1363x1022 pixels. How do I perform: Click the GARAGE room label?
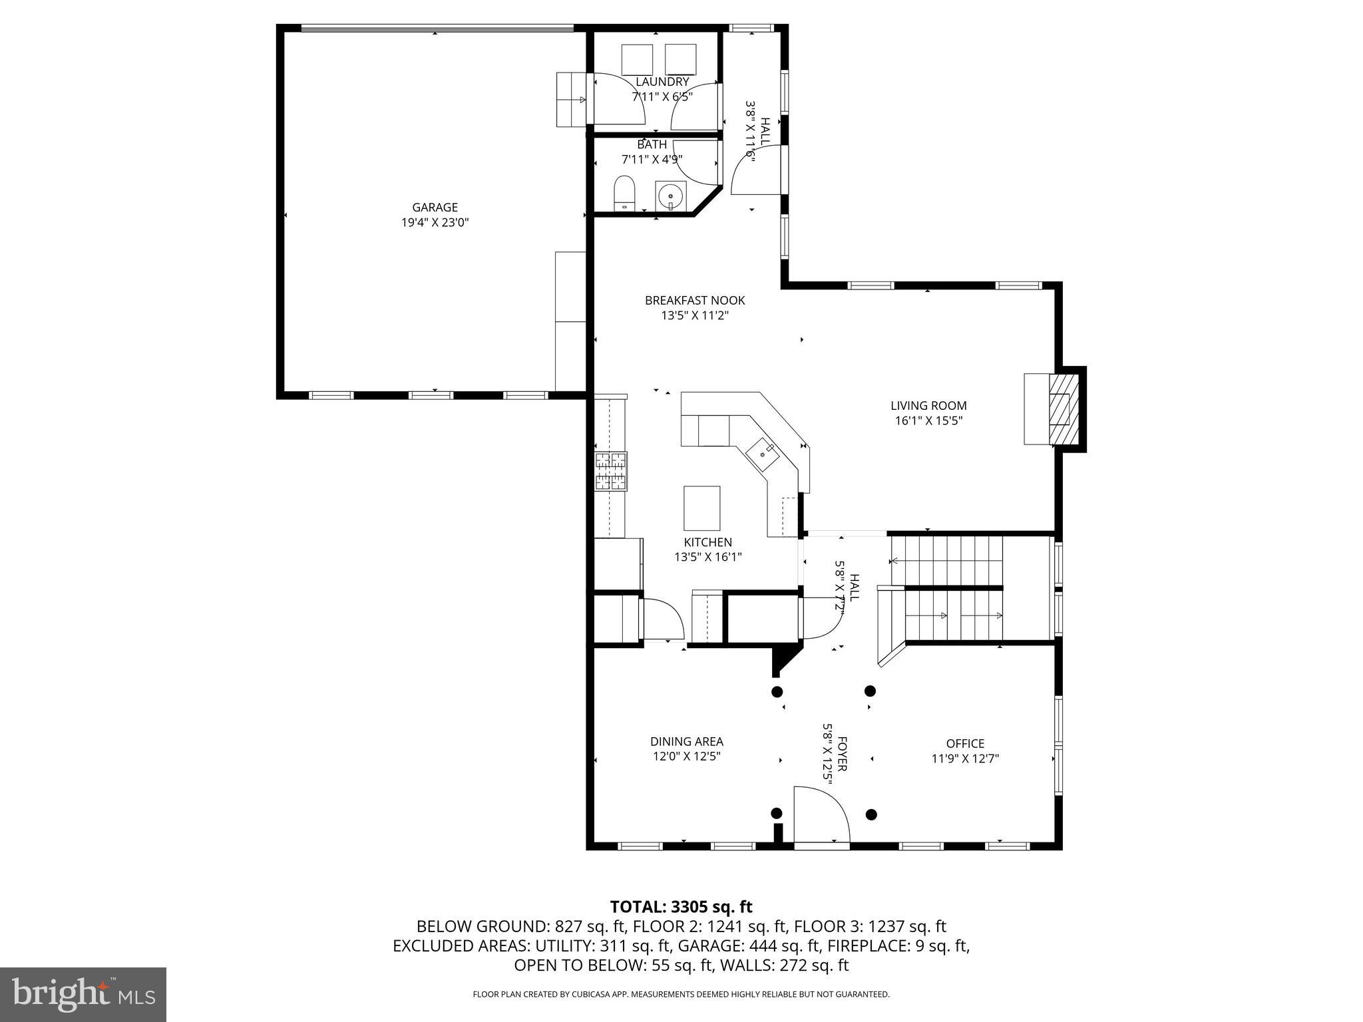pos(435,208)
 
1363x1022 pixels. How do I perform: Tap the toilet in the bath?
pos(624,193)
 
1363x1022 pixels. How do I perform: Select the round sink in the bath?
pos(670,196)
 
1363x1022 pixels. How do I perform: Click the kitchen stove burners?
pos(611,471)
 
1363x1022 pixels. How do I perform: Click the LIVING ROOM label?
pos(928,406)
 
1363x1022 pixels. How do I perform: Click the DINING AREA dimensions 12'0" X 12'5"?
pos(687,757)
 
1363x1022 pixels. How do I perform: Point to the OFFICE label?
pos(965,744)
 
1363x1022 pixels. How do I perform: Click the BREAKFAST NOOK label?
pos(695,301)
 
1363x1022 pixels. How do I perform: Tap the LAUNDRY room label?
pos(662,82)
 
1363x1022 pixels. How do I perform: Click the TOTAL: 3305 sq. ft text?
pos(681,907)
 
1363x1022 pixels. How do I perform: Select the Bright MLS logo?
pos(83,994)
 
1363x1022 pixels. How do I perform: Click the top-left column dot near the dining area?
pos(777,691)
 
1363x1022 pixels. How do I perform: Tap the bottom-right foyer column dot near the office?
pos(871,814)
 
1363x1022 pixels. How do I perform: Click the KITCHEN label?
pos(707,542)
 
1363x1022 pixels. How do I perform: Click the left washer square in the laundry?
pos(638,60)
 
